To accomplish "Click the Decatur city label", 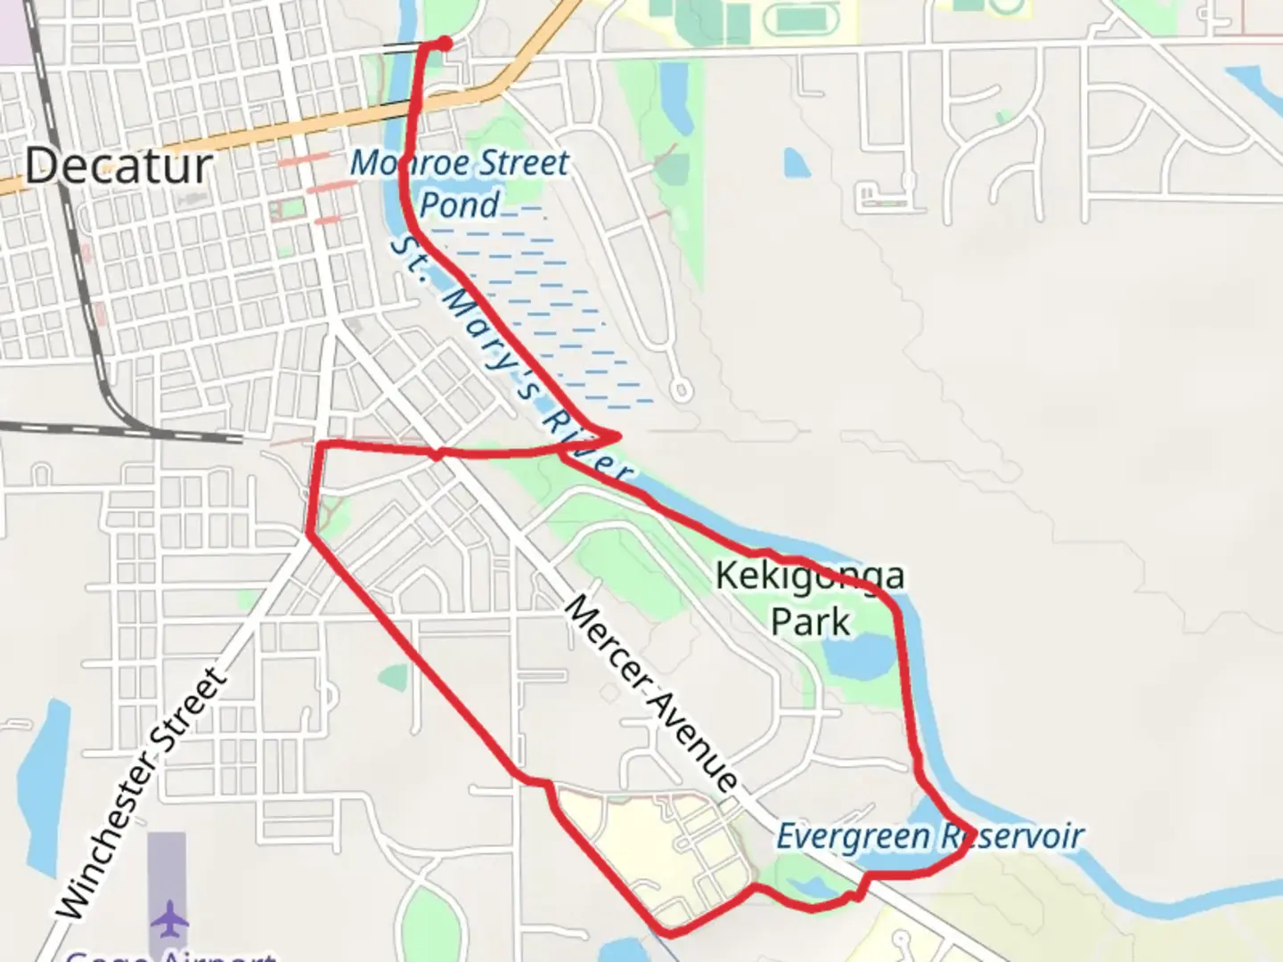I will click(x=118, y=167).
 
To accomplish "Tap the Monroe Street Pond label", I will click(x=459, y=183).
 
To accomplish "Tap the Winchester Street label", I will click(x=143, y=794).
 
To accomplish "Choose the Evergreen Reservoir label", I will click(x=929, y=837).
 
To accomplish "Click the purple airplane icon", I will click(x=168, y=918).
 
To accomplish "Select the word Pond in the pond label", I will click(x=459, y=205).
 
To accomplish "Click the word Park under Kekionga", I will click(x=810, y=622).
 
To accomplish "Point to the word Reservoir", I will click(x=1011, y=836).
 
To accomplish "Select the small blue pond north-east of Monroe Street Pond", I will click(x=796, y=163).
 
